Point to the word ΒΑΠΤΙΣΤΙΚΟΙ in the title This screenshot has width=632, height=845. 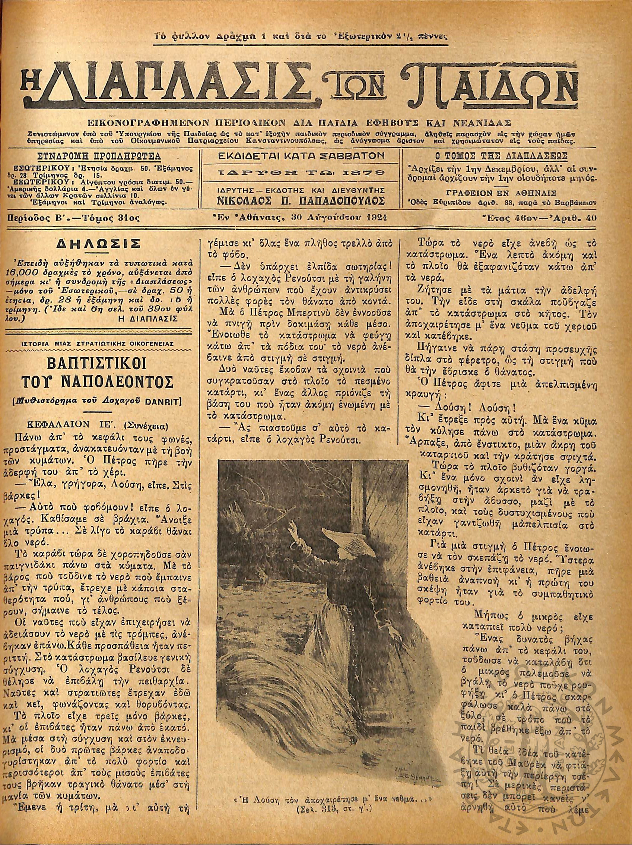102,363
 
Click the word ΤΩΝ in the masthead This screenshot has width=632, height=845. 363,91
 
